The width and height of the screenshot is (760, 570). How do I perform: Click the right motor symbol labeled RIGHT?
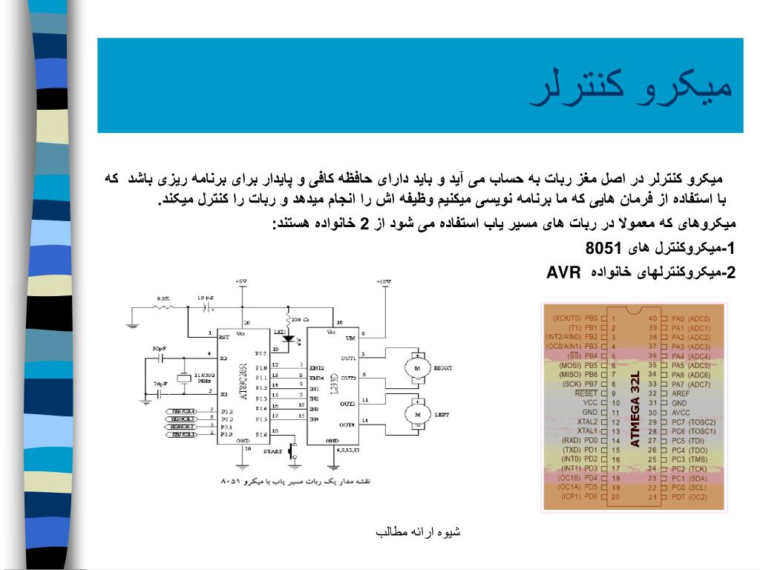tap(416, 367)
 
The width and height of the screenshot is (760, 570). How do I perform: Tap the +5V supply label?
tap(240, 282)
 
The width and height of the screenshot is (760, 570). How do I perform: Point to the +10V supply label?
tap(383, 282)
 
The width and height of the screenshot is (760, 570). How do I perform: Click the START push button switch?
tap(293, 449)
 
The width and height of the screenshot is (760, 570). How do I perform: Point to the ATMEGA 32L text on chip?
tap(635, 410)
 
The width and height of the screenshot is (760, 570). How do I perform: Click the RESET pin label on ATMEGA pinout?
tap(586, 393)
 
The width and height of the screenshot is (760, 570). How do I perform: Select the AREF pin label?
tap(681, 393)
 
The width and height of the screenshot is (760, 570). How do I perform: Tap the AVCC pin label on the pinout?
tap(681, 412)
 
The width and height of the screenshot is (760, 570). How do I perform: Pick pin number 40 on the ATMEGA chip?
tap(652, 318)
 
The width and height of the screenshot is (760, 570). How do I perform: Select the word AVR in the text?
tap(563, 272)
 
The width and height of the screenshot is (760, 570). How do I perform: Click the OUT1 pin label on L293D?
tap(347, 357)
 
